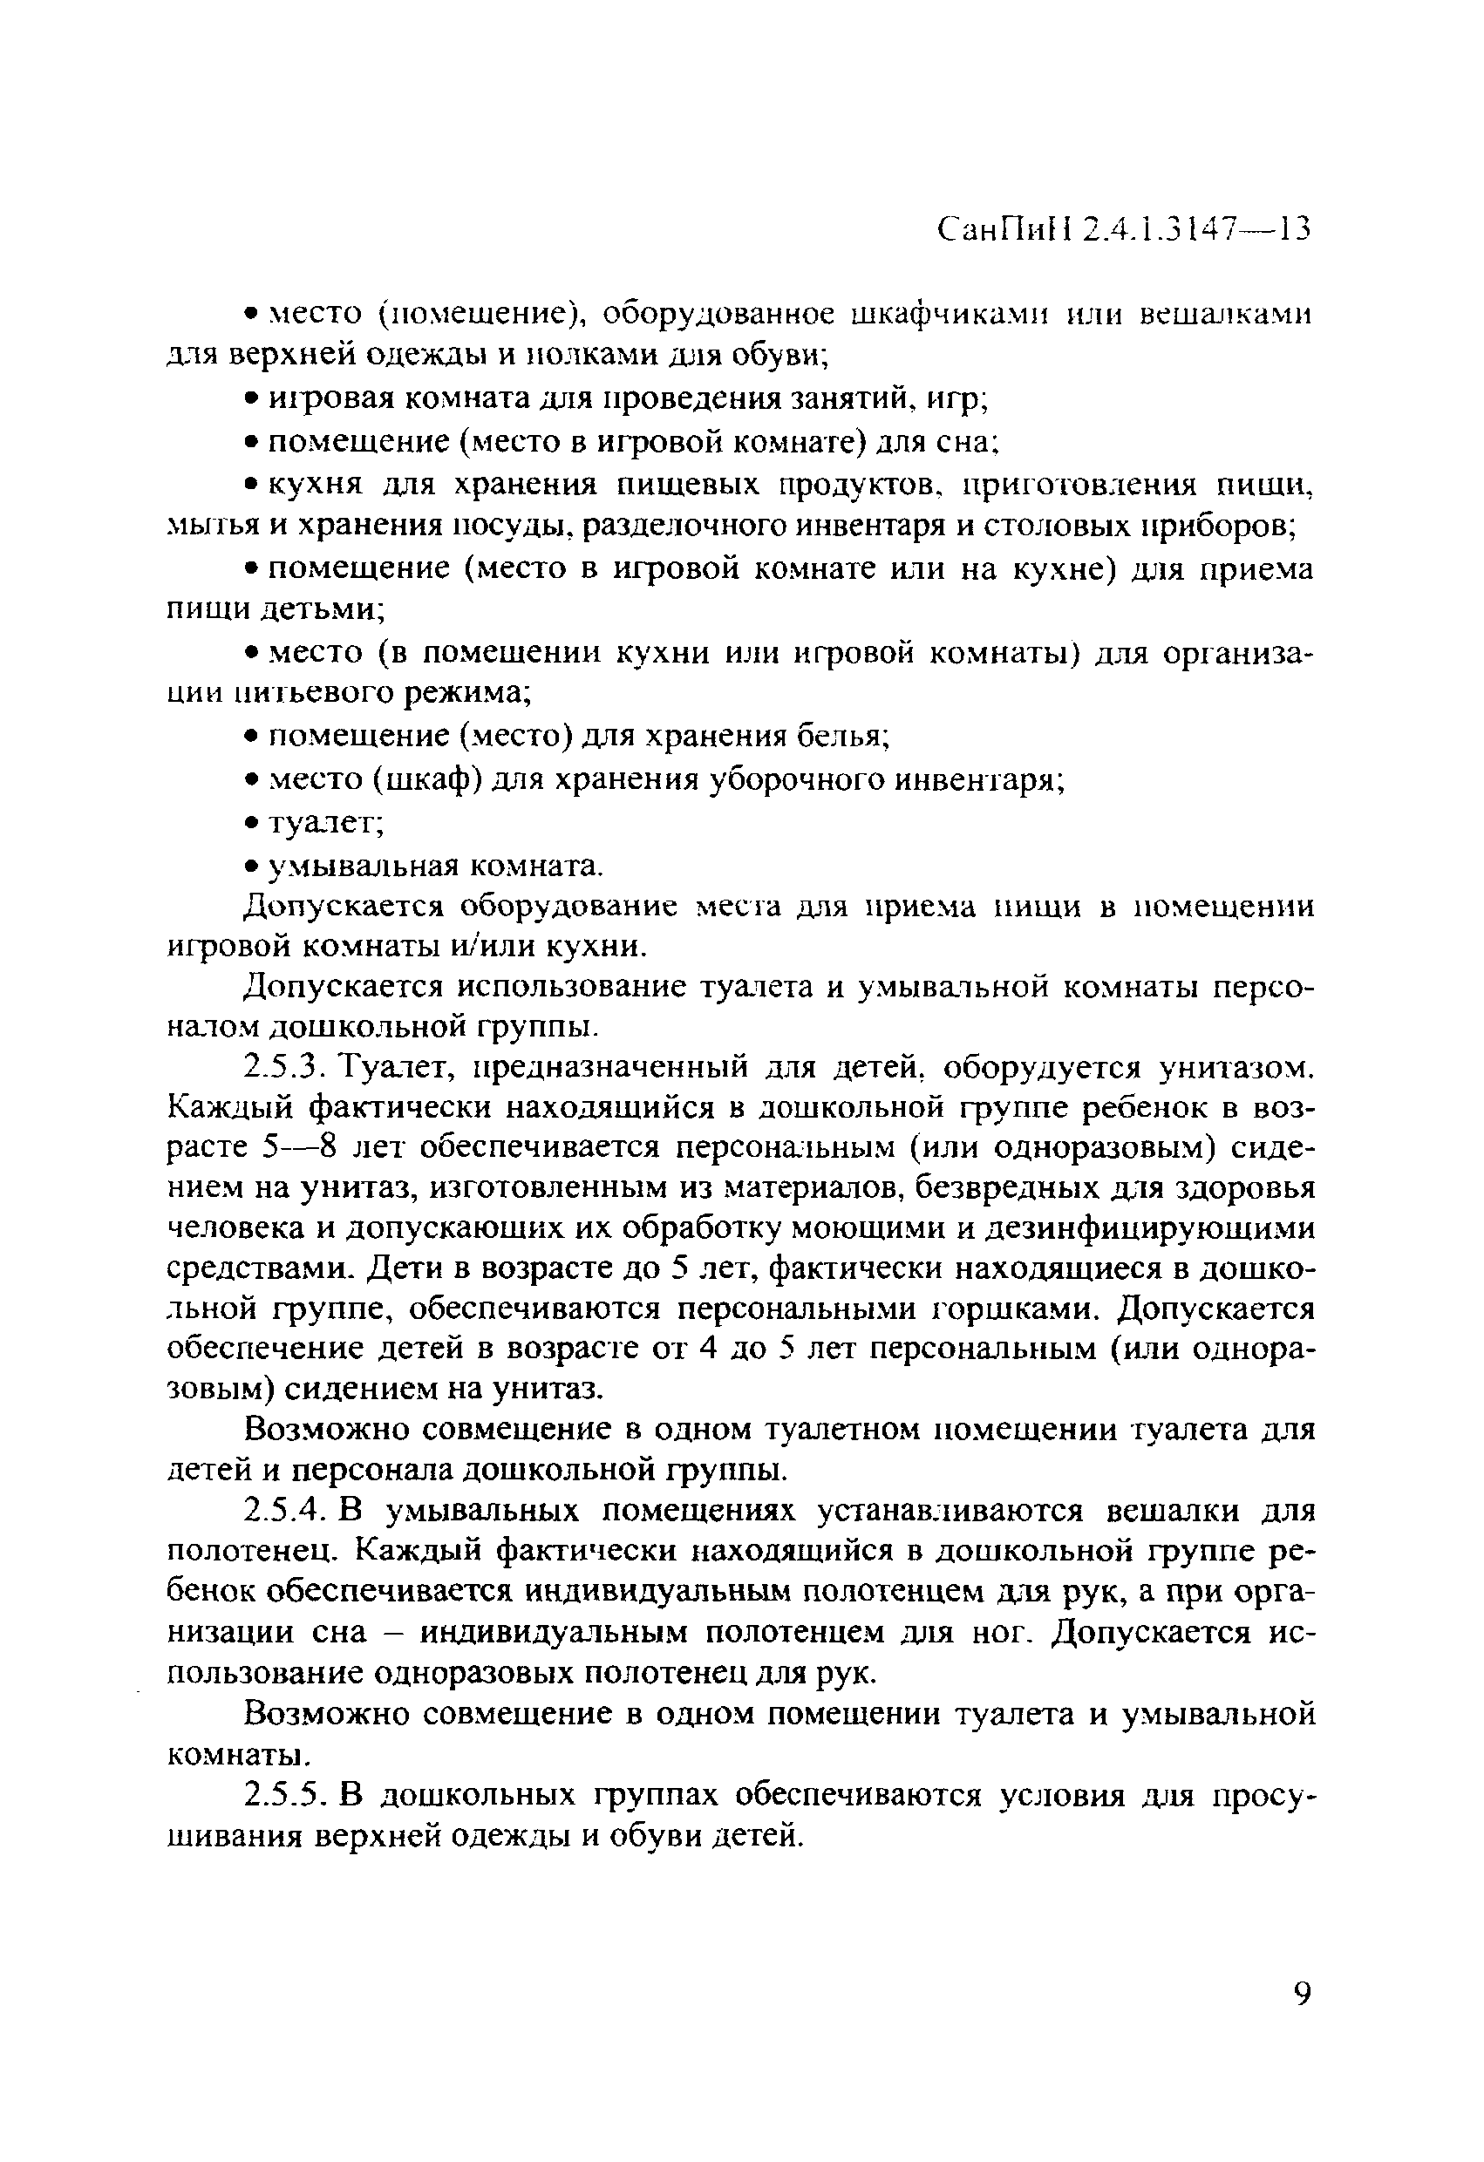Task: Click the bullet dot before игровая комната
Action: [x=251, y=398]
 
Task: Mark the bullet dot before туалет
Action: [x=251, y=823]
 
